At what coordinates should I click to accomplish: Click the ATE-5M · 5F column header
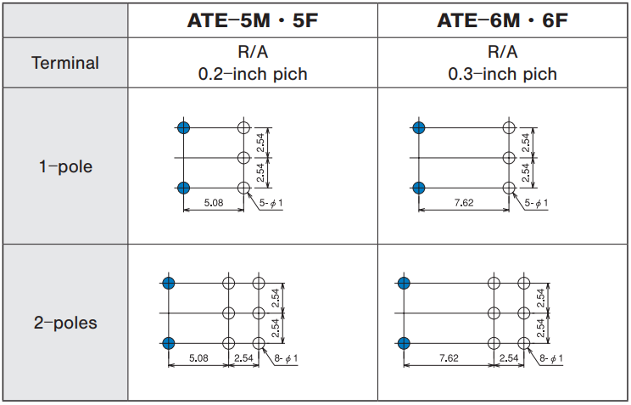[x=253, y=20]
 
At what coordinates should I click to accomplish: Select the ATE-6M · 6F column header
[x=502, y=20]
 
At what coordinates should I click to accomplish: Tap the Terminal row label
[x=65, y=63]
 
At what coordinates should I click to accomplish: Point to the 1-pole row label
[x=65, y=166]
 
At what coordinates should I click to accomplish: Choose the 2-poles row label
[x=65, y=323]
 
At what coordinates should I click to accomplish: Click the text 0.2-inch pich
[x=253, y=74]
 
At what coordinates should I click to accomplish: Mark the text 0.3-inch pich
[x=503, y=74]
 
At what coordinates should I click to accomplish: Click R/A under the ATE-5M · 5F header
[x=253, y=52]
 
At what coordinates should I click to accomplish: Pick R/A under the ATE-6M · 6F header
[x=503, y=52]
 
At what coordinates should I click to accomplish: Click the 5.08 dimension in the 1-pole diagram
[x=213, y=203]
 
